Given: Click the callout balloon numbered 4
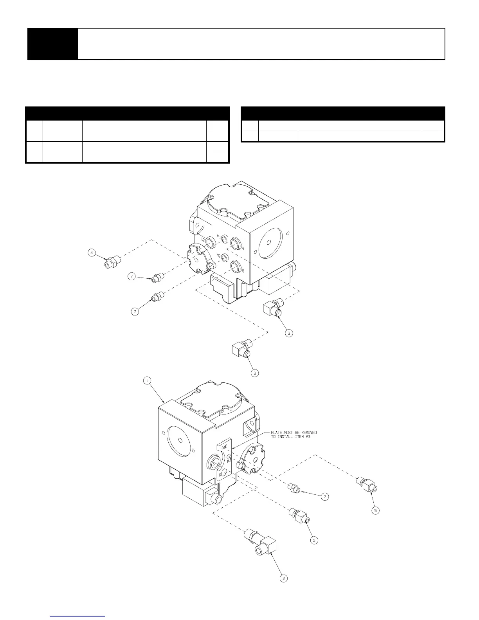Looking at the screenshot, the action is tap(92, 253).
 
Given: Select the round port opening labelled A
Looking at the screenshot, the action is tap(236, 243).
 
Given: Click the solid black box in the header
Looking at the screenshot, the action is tap(52, 44).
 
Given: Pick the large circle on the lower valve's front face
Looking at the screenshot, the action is tap(180, 436).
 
